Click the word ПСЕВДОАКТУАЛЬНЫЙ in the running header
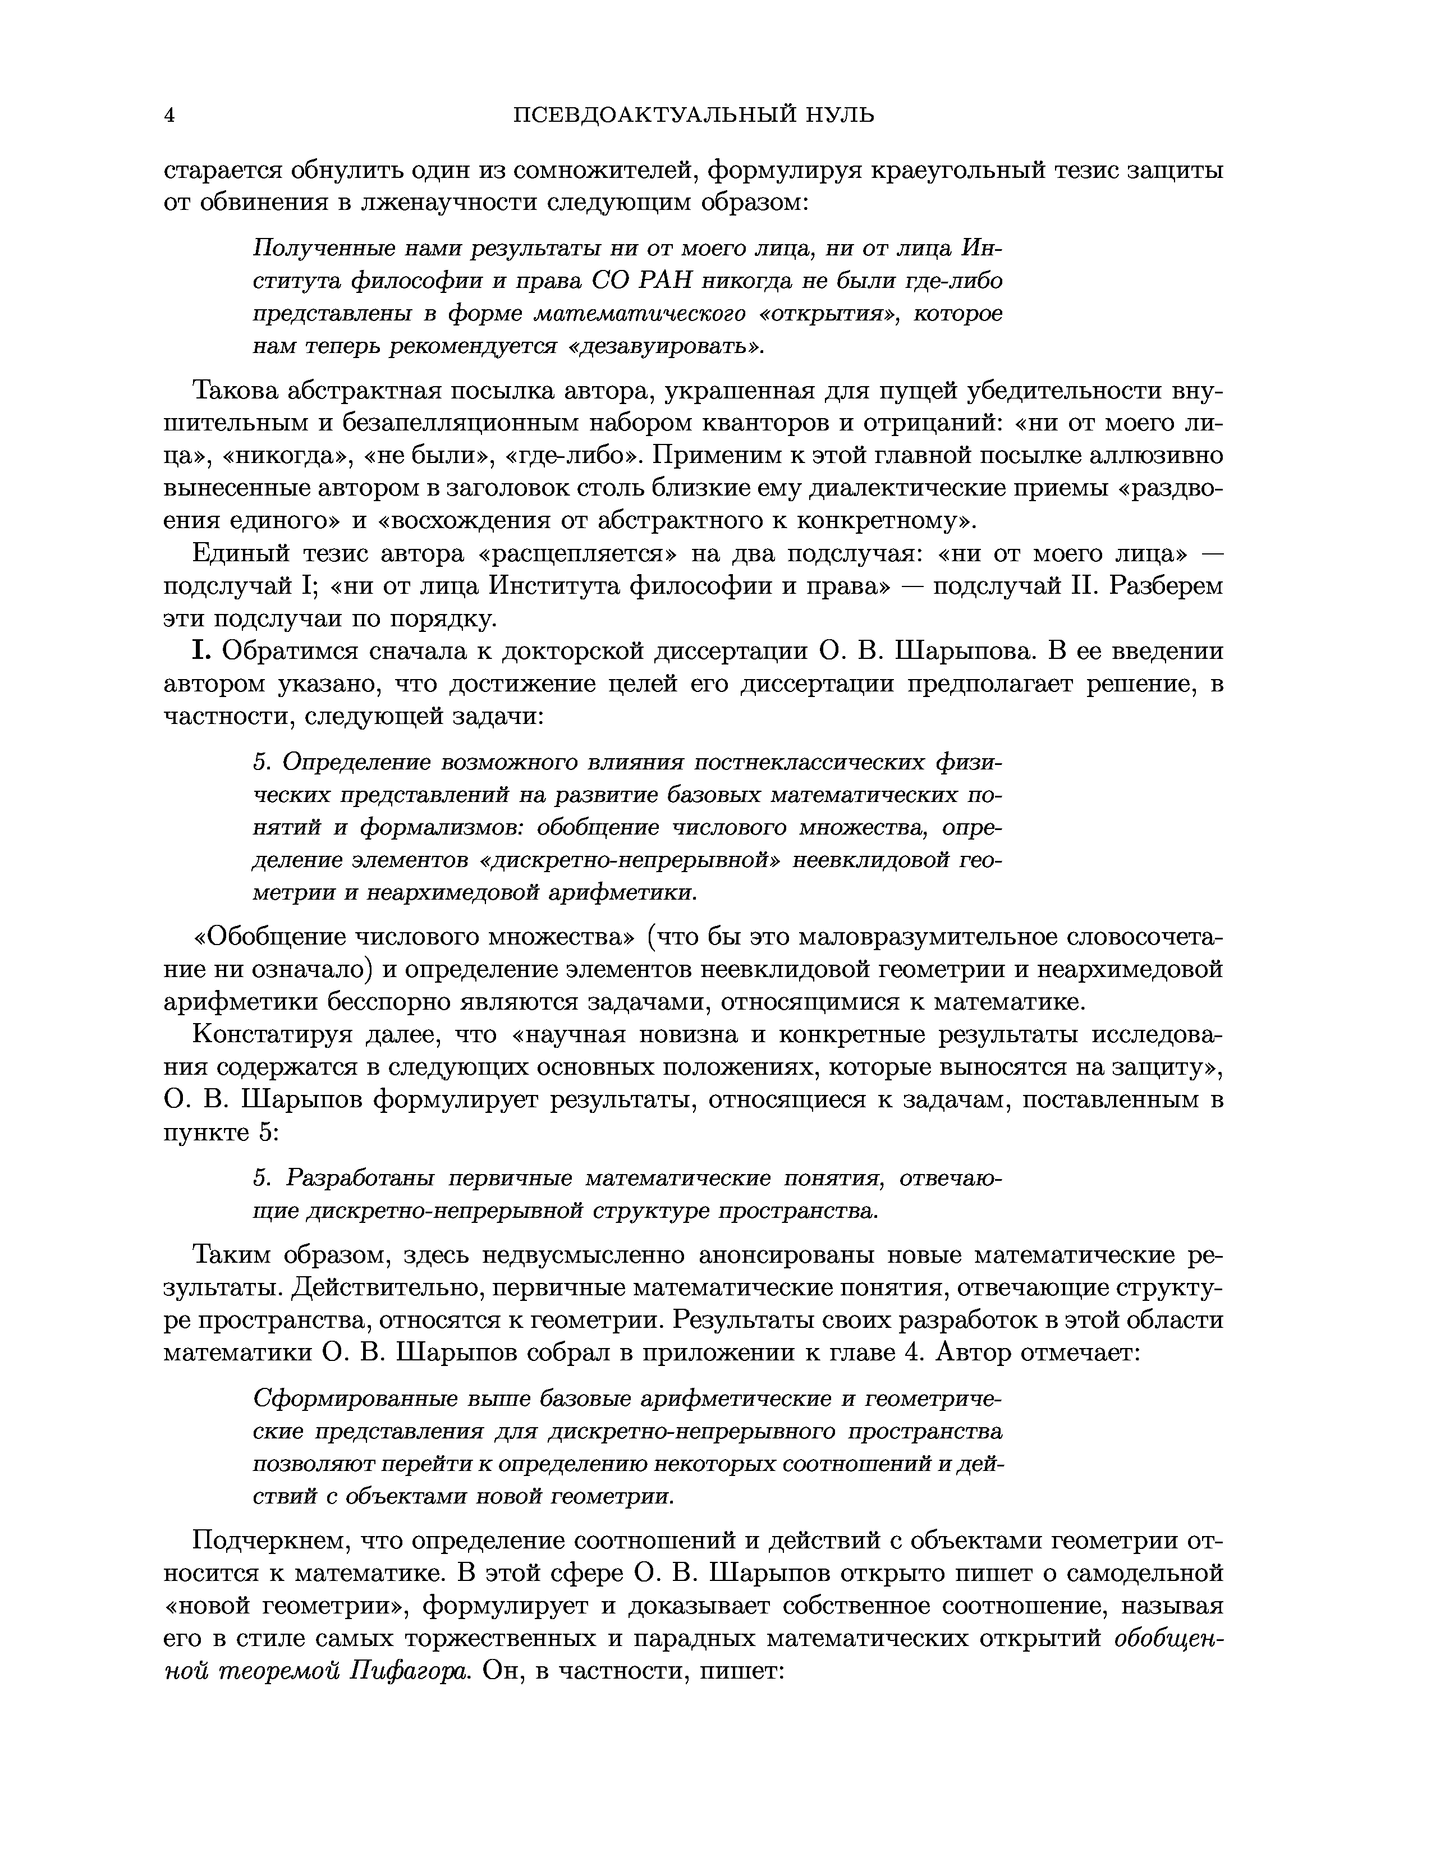pos(654,115)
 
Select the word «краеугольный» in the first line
pos(953,171)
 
